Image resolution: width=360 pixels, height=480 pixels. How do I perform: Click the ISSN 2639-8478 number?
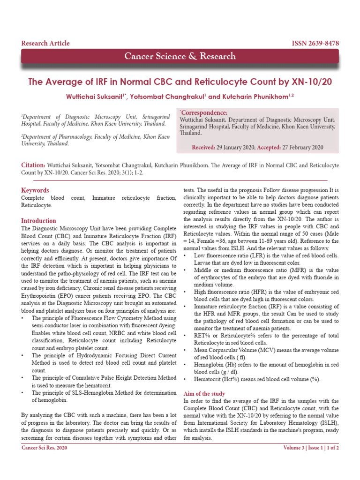coord(315,43)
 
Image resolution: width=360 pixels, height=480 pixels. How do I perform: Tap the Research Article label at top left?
coord(45,43)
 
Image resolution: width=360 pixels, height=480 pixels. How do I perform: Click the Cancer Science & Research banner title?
coord(180,56)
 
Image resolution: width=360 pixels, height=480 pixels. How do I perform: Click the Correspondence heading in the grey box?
coord(204,113)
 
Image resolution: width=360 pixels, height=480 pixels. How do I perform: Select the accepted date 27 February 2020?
coord(302,147)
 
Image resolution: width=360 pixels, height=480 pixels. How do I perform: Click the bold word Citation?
coord(33,165)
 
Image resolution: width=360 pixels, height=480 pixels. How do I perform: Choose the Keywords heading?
coord(35,190)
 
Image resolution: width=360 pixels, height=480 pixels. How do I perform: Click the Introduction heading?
coord(38,221)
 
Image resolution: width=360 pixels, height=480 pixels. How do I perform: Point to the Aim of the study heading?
coord(204,394)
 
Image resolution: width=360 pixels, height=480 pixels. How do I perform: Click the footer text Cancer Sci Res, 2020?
coord(45,448)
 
